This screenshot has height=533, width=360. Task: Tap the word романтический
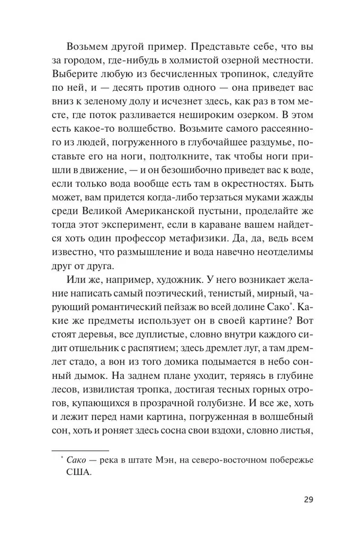tap(135, 306)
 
